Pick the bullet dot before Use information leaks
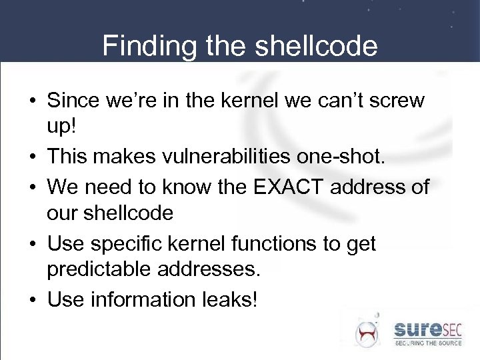pyautogui.click(x=32, y=301)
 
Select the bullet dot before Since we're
pyautogui.click(x=32, y=101)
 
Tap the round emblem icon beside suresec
pyautogui.click(x=366, y=333)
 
